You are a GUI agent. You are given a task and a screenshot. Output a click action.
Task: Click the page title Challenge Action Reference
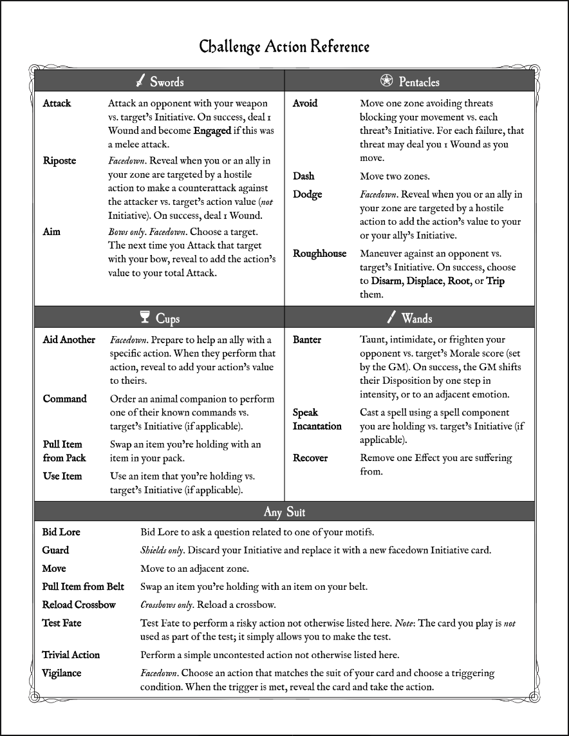284,47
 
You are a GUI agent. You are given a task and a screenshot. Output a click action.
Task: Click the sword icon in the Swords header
140,81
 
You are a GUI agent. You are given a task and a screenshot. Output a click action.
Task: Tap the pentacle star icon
386,81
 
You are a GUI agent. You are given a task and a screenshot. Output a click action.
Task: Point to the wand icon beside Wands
391,317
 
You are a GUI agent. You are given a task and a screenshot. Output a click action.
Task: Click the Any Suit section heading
284,512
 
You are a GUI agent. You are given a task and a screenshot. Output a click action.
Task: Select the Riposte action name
59,161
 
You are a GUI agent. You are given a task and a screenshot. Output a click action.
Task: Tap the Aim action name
51,232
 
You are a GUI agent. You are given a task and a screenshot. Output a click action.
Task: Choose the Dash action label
304,176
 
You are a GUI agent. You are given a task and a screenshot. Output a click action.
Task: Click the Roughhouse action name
319,254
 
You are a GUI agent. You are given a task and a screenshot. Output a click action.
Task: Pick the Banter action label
307,340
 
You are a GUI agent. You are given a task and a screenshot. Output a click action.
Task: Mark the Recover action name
310,458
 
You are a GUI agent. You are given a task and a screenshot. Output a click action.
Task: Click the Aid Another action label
69,340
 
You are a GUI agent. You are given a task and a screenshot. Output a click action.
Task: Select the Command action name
64,399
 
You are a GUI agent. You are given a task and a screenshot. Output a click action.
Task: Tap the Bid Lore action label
61,533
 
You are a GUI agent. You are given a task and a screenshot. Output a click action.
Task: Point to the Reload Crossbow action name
79,605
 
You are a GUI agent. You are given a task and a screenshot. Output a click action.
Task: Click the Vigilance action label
62,673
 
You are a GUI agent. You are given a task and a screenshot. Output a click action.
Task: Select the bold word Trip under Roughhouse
495,281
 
